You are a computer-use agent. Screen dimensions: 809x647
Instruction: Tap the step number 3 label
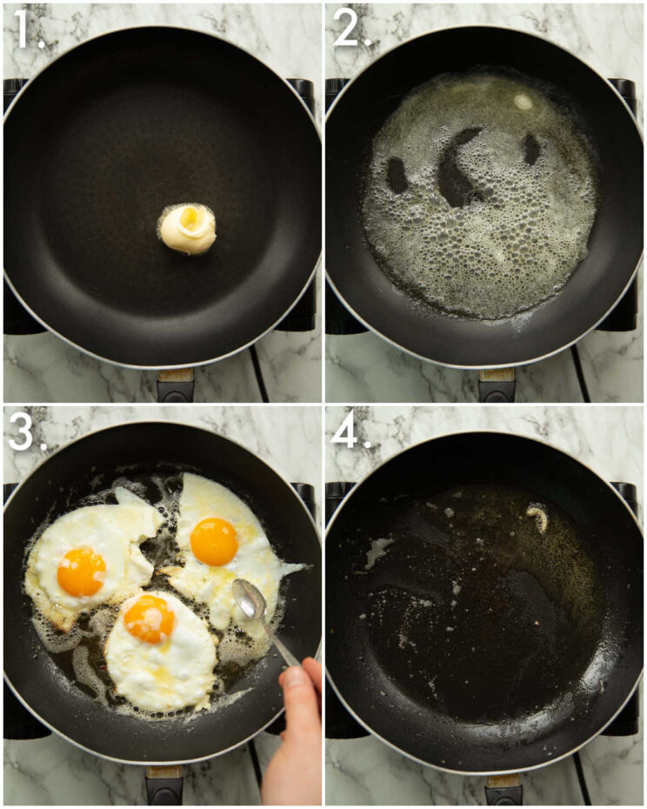25,433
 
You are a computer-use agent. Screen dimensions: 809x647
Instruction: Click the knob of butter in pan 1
188,229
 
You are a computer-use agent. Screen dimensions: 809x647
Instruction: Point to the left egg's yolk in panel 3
81,572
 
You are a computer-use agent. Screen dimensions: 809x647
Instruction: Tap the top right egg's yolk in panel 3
214,541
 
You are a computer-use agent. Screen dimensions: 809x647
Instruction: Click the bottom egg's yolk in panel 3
150,618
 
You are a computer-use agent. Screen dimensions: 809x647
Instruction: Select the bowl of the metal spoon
248,599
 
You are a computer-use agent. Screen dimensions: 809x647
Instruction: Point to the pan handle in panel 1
175,384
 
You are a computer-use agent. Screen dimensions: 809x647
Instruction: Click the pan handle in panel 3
165,786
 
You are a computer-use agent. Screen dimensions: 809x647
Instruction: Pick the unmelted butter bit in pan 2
523,102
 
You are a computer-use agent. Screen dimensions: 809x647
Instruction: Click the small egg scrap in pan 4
538,518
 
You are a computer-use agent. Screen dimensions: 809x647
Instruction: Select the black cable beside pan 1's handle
256,370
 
